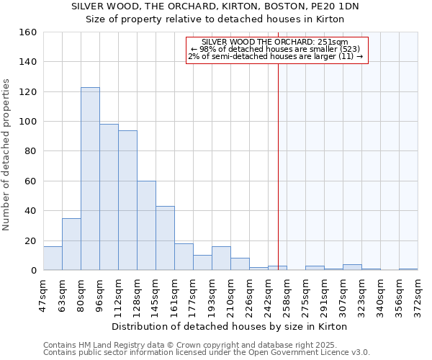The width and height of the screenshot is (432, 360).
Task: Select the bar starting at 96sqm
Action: point(109,197)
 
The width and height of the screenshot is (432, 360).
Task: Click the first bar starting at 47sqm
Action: point(53,258)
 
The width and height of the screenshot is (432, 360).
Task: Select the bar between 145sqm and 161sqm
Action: point(165,238)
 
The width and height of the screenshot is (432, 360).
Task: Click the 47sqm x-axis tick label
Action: point(44,294)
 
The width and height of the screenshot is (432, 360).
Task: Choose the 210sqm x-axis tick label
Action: point(231,294)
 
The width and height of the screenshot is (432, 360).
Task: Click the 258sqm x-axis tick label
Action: point(287,294)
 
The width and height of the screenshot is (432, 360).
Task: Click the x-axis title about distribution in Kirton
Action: point(230,326)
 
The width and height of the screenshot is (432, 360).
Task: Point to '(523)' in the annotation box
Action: point(346,49)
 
